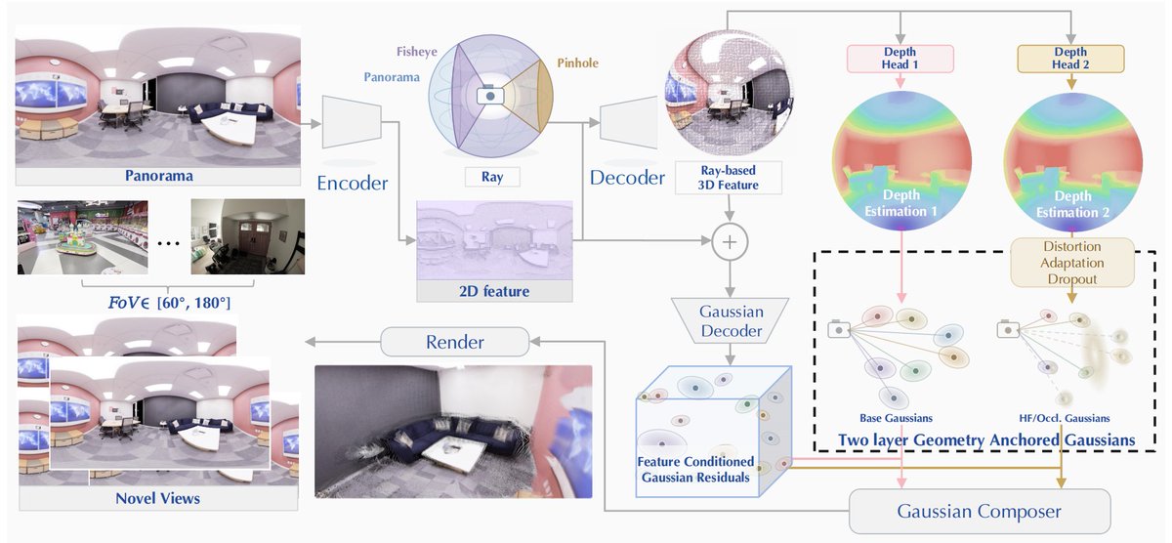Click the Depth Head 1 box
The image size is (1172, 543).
click(x=900, y=59)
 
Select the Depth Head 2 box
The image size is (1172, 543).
click(x=1070, y=59)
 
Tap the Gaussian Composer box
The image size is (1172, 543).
click(x=980, y=511)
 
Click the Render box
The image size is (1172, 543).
click(x=455, y=342)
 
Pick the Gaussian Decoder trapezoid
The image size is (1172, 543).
click(x=731, y=320)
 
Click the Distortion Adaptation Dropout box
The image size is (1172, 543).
click(x=1072, y=263)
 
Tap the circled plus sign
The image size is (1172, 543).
click(x=730, y=241)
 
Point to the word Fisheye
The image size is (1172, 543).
click(x=416, y=52)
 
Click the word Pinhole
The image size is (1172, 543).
click(x=577, y=63)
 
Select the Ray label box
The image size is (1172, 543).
click(x=492, y=177)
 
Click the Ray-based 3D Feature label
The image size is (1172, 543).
click(x=729, y=178)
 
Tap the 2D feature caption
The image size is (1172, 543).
click(x=494, y=291)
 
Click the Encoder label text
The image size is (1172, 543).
click(x=353, y=183)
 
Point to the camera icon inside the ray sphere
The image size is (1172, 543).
click(x=490, y=96)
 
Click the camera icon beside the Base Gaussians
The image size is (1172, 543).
click(x=839, y=329)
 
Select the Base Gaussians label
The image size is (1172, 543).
click(x=896, y=418)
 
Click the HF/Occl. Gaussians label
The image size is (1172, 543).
click(x=1065, y=418)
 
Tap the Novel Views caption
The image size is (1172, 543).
click(x=157, y=498)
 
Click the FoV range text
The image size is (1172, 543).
click(x=169, y=303)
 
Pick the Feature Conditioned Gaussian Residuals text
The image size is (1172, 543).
click(x=695, y=469)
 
